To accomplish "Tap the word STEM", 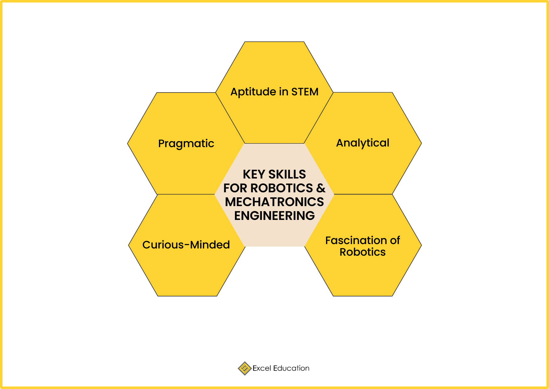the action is click(x=305, y=92).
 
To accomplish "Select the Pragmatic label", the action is click(x=186, y=144).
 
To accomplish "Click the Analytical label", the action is click(x=363, y=143).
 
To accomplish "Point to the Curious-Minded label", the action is click(x=186, y=245).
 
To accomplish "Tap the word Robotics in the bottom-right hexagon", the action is click(x=363, y=252).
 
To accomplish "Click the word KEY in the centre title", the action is click(x=254, y=174).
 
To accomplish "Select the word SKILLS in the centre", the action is click(x=287, y=174).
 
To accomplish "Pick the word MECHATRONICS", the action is click(x=274, y=202).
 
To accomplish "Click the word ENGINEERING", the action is click(x=274, y=216).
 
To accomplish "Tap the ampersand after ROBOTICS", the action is click(x=321, y=188).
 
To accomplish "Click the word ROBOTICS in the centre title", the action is click(x=282, y=188).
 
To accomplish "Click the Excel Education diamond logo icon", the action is click(x=244, y=368).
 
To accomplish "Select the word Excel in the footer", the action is click(x=262, y=368).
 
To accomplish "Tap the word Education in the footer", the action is click(x=291, y=368).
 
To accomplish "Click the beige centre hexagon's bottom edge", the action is click(x=274, y=246).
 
